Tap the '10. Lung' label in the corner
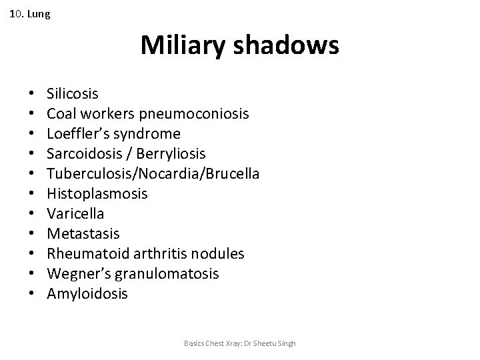(30, 13)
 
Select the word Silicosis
(73, 93)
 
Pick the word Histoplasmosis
(97, 193)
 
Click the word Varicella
(75, 213)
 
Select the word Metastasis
(83, 233)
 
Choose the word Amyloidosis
(87, 293)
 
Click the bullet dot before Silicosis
(31, 94)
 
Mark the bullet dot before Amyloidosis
(31, 294)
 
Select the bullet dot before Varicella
(31, 214)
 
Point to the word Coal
(59, 113)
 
